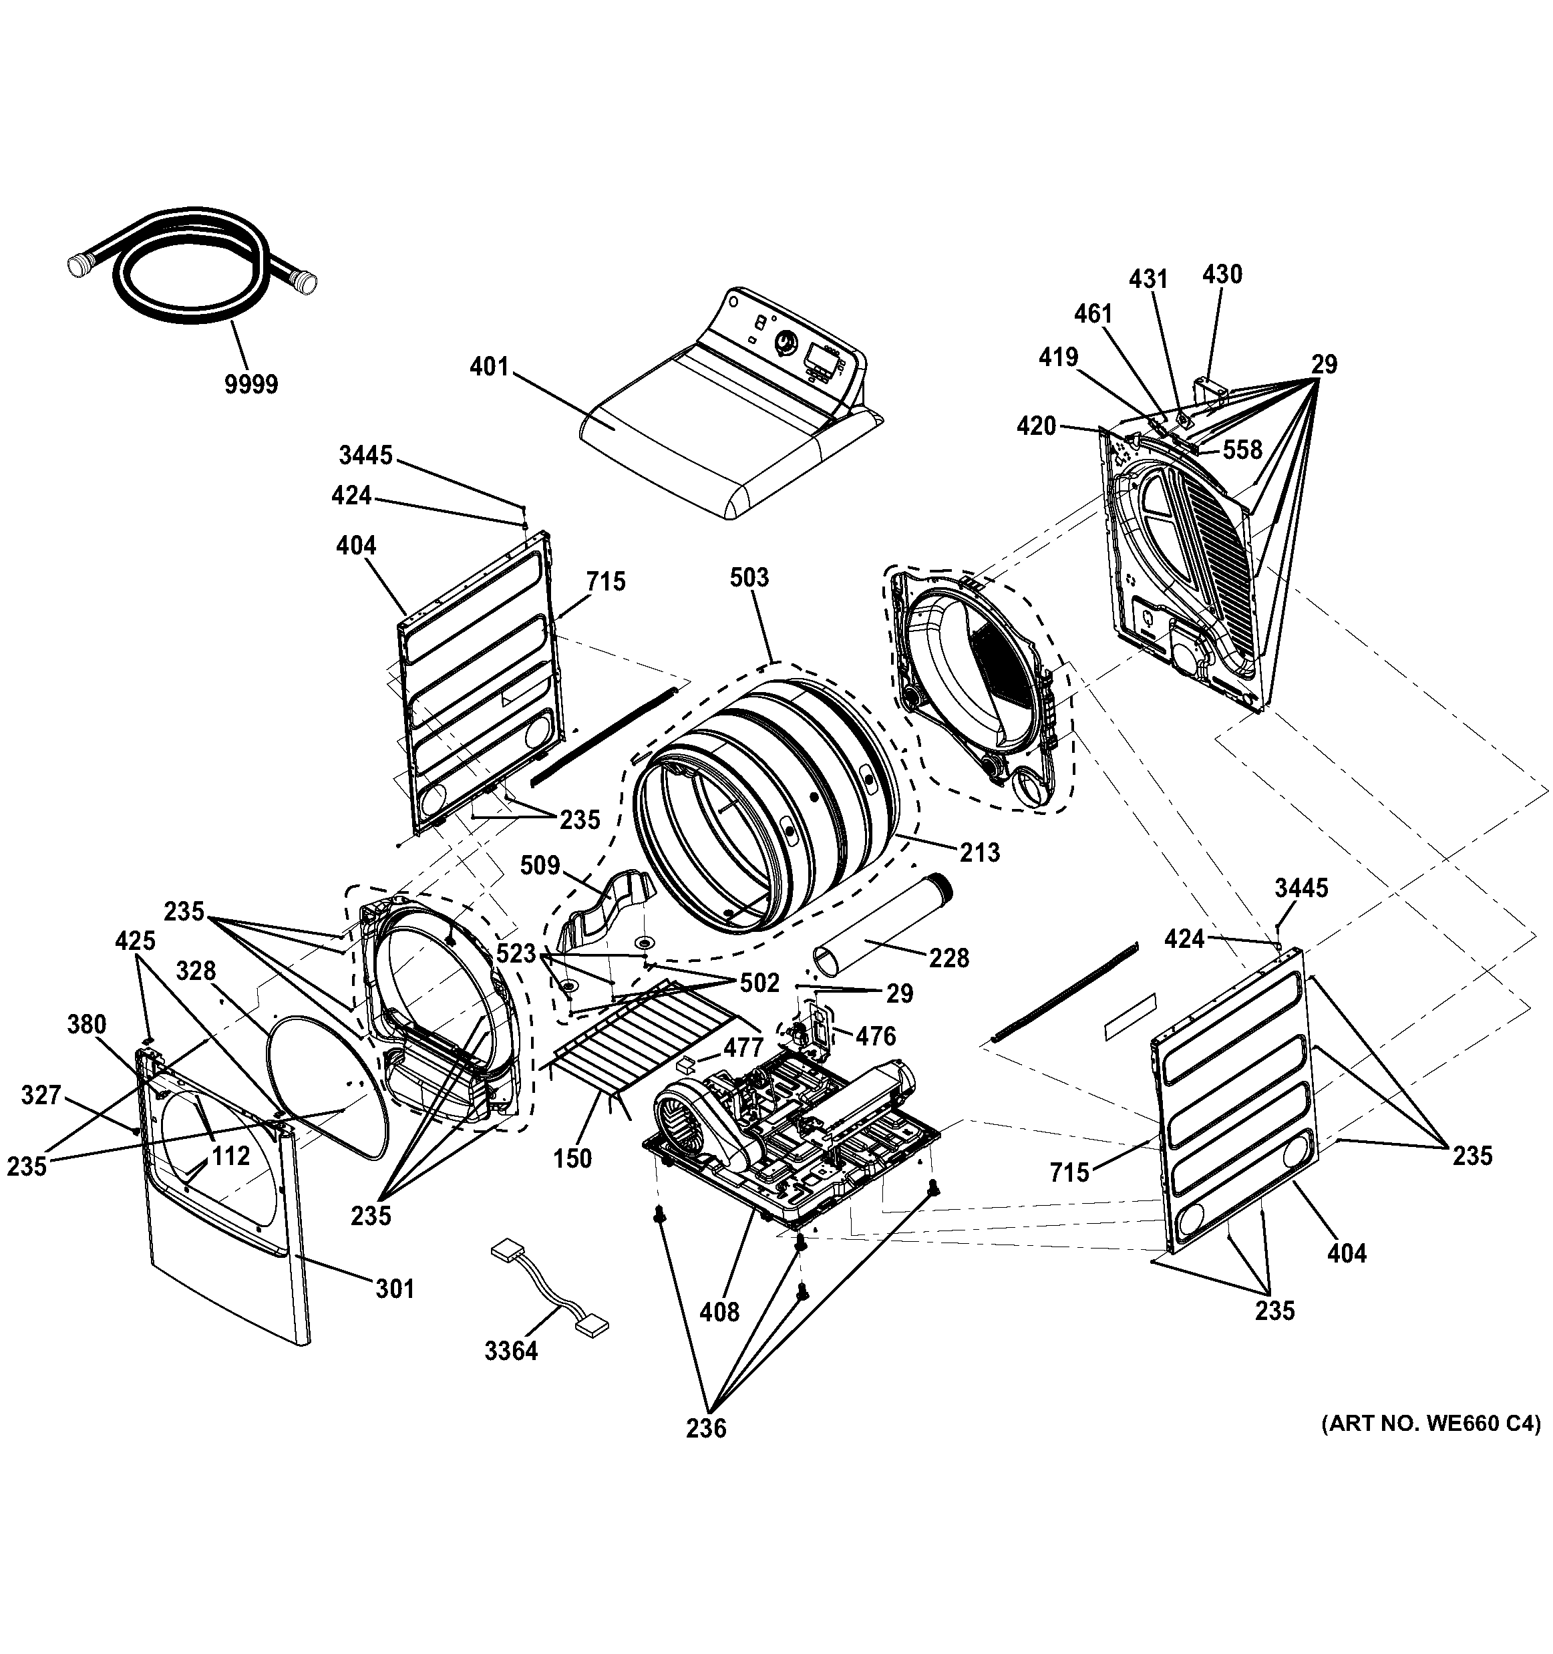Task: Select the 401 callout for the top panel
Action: click(x=489, y=366)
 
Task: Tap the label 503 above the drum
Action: click(x=749, y=577)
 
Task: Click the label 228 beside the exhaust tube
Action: click(x=949, y=959)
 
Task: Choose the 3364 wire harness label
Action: click(x=512, y=1350)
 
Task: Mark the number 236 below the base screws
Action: click(x=706, y=1428)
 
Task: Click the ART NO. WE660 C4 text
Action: click(x=1431, y=1424)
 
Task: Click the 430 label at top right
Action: click(x=1222, y=275)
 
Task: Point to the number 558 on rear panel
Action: click(x=1242, y=450)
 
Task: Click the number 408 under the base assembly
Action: click(x=719, y=1312)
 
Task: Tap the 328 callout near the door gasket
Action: click(x=196, y=971)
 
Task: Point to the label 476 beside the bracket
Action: click(x=876, y=1036)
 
